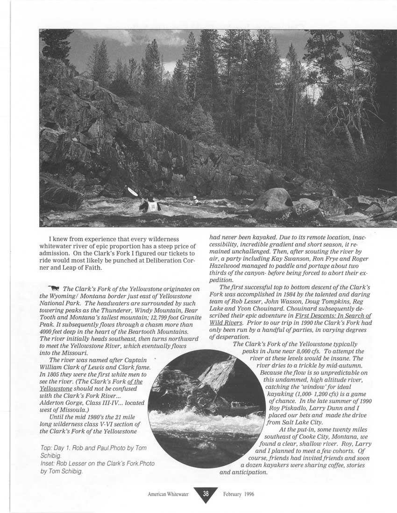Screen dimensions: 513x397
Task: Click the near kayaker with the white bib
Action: point(151,204)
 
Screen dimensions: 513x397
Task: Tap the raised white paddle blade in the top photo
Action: point(133,191)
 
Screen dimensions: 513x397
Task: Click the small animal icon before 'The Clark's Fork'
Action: point(59,288)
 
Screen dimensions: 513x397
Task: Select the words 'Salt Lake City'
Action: point(297,423)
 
